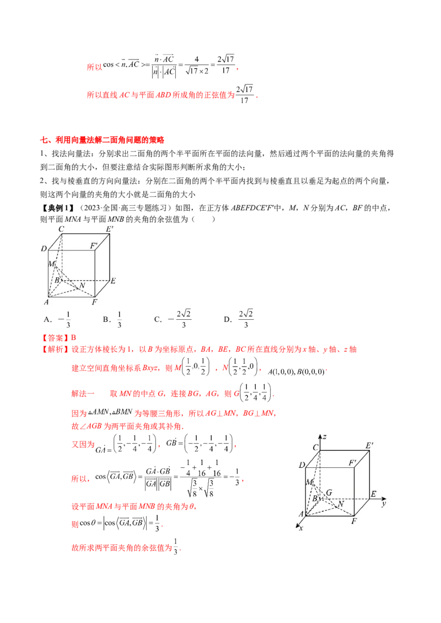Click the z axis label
(x=326, y=436)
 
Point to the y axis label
(x=382, y=503)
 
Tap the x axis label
(x=301, y=528)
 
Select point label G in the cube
(x=329, y=492)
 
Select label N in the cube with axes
(x=341, y=504)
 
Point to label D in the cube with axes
(x=302, y=466)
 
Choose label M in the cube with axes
(x=309, y=483)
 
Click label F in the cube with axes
(x=354, y=520)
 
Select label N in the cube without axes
(x=82, y=286)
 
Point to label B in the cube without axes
(x=56, y=281)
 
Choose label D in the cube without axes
(x=44, y=249)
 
